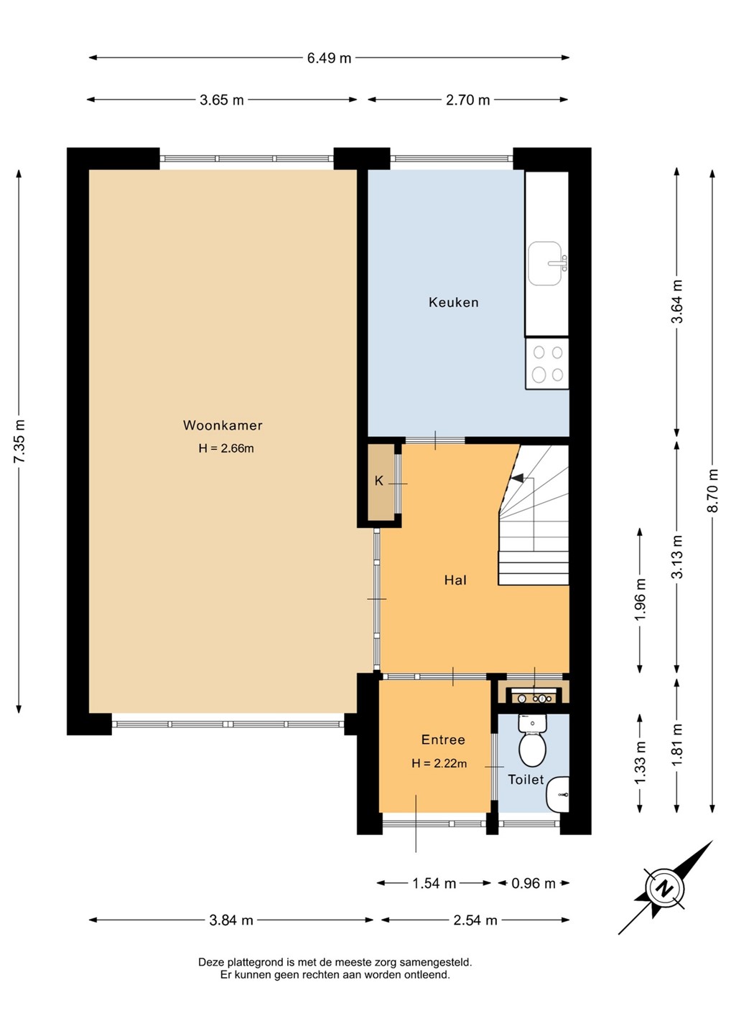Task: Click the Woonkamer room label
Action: point(223,425)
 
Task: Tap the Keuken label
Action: point(453,302)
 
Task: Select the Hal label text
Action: point(455,580)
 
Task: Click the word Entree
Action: point(442,740)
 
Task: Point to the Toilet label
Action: point(526,779)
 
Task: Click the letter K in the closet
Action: point(378,481)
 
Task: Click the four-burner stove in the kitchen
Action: point(547,364)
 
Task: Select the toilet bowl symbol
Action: point(532,740)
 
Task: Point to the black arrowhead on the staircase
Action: point(518,478)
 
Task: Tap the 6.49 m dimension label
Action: point(329,59)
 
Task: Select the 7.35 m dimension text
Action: point(20,441)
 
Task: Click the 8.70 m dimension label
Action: point(714,490)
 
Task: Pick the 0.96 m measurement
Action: point(534,883)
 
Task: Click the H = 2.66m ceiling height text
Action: point(226,448)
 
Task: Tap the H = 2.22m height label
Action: point(439,764)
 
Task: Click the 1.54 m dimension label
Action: point(434,883)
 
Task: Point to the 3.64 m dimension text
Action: point(677,301)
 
